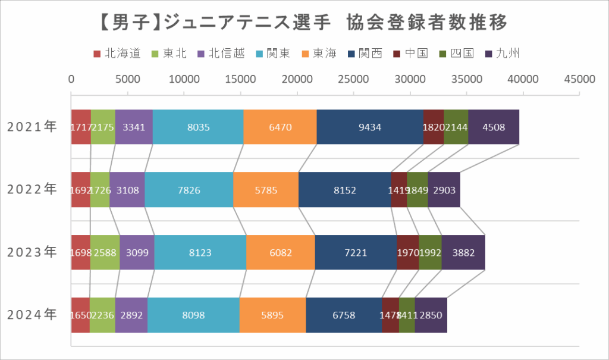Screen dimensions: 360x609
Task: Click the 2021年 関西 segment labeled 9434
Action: click(x=369, y=127)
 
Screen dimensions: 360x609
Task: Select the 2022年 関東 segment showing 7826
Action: click(x=189, y=190)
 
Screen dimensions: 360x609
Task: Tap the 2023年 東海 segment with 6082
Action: click(x=280, y=252)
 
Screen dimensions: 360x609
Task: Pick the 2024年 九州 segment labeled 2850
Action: click(x=431, y=315)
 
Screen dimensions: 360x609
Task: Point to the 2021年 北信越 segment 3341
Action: click(x=134, y=127)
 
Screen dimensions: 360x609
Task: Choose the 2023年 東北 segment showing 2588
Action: click(x=105, y=252)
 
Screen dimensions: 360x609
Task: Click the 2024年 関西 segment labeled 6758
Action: click(x=344, y=315)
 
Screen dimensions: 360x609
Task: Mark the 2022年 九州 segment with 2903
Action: click(x=444, y=190)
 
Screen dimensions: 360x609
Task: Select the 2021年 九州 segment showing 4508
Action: click(x=494, y=127)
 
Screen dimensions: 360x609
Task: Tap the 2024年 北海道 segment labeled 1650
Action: click(x=80, y=315)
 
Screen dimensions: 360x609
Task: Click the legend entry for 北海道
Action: click(x=118, y=54)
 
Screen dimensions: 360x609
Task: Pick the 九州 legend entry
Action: click(x=503, y=54)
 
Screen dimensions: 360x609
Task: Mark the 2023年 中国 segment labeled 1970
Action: click(x=407, y=252)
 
